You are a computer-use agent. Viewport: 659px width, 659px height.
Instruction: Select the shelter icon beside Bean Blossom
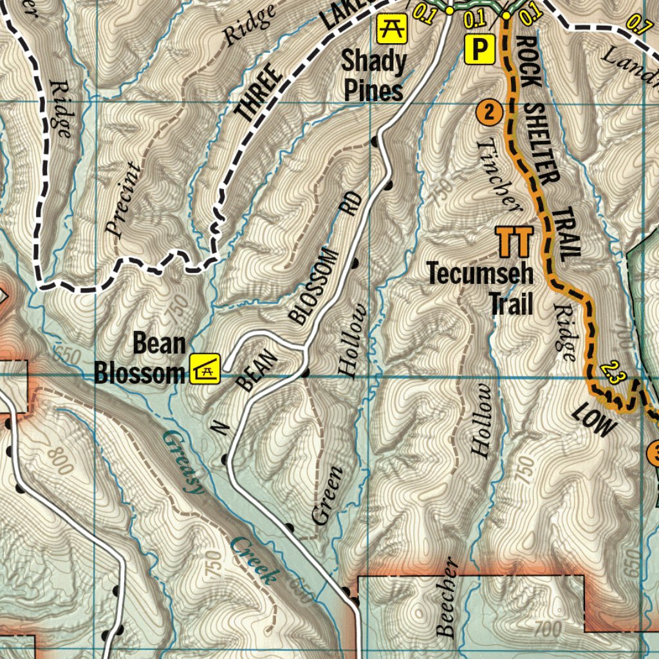(205, 369)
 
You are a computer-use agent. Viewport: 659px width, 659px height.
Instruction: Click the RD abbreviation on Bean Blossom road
(351, 204)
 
